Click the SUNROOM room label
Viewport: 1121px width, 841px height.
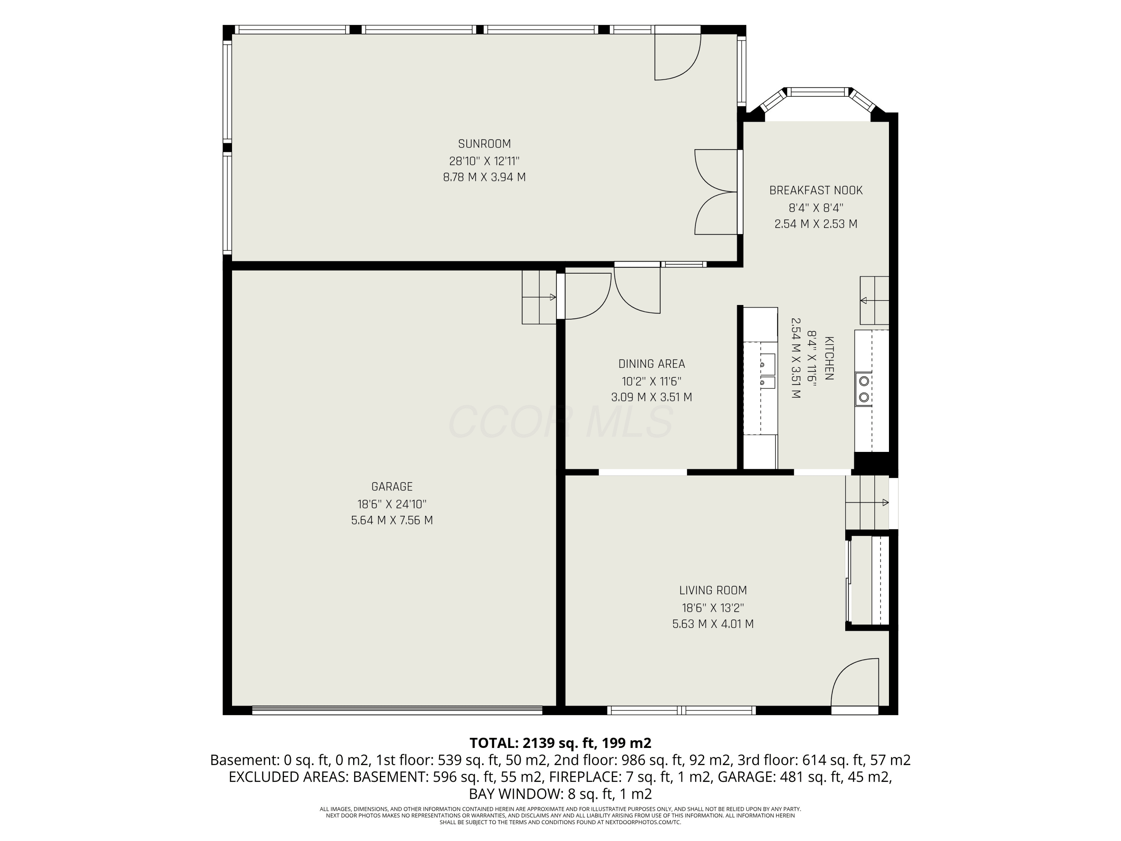click(485, 144)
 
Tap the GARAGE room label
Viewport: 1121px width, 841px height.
click(392, 487)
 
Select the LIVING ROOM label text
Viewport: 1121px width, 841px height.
click(713, 590)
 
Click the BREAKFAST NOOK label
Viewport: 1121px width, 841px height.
click(816, 191)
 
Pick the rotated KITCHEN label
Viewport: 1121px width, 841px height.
click(830, 358)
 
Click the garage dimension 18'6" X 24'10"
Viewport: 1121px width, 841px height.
click(392, 504)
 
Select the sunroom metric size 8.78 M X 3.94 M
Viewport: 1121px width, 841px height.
click(485, 178)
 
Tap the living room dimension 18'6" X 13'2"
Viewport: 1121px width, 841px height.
click(713, 607)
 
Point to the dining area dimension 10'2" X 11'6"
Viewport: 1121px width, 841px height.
click(652, 381)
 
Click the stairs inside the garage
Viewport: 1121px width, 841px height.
click(539, 297)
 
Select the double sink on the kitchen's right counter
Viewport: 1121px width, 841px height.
click(864, 389)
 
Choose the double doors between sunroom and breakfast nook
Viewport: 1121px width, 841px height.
click(716, 192)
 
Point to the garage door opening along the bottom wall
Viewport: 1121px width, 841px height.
click(397, 710)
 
